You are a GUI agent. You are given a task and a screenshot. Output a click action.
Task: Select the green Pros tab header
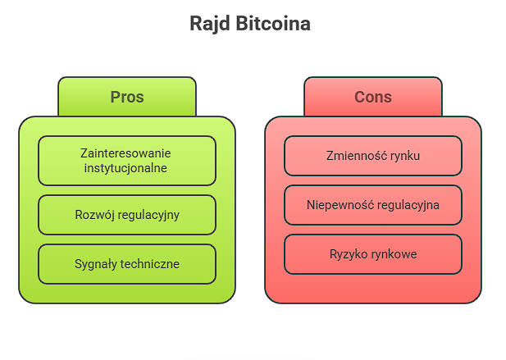[127, 97]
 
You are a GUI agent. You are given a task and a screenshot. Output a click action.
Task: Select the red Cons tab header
[373, 97]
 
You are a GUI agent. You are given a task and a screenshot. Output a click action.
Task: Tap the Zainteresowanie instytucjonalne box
[127, 161]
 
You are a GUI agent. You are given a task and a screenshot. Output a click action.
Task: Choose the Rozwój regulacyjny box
[127, 215]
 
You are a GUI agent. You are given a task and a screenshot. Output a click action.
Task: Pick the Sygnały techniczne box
[127, 264]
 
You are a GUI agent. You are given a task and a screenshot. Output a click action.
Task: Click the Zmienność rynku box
[373, 156]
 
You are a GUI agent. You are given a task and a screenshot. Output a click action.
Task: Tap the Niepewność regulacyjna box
[373, 205]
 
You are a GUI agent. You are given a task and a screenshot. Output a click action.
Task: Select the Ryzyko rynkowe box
[373, 254]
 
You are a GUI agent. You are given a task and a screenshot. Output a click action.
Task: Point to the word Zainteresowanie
[126, 153]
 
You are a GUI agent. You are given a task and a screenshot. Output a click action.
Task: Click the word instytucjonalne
[126, 168]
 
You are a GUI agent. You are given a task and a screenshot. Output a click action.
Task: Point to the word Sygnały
[95, 264]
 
